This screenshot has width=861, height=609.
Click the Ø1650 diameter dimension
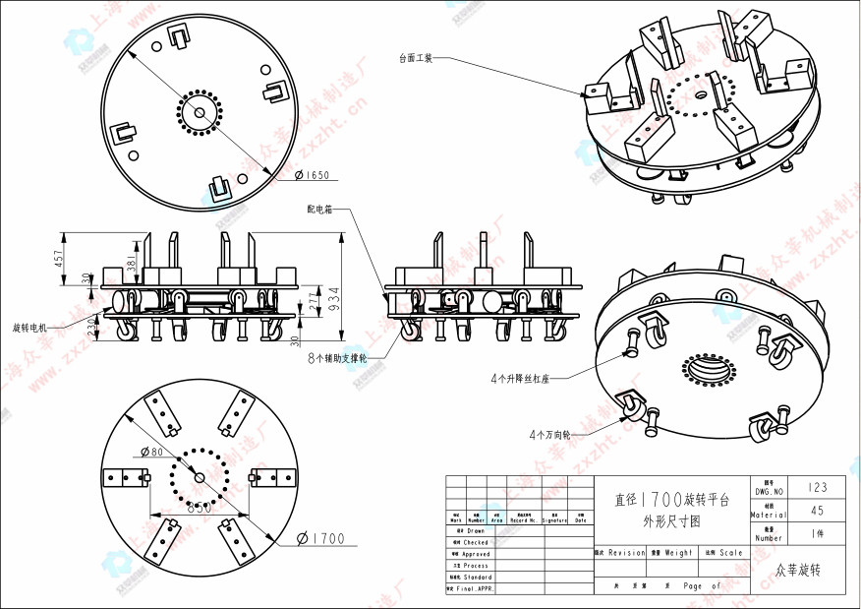click(313, 176)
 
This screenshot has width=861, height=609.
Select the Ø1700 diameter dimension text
click(321, 538)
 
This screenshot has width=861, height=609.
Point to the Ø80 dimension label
click(153, 452)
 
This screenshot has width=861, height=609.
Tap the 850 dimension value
click(200, 509)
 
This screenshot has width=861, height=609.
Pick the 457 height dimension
click(59, 258)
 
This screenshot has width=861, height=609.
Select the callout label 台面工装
click(415, 58)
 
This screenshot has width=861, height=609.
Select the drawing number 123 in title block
click(817, 487)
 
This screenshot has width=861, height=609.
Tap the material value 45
click(817, 511)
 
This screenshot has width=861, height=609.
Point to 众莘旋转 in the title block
click(797, 570)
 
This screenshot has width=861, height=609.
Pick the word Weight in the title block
click(678, 553)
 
